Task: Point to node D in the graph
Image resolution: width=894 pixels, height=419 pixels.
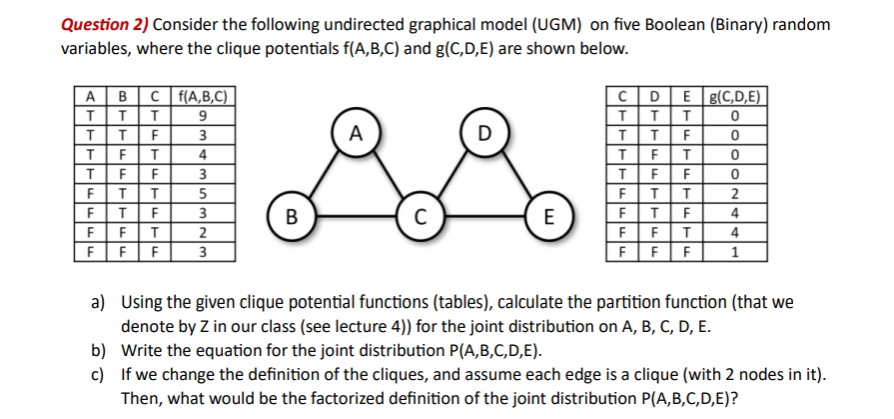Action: pos(484,132)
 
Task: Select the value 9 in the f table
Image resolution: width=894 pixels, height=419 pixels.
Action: pos(203,114)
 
